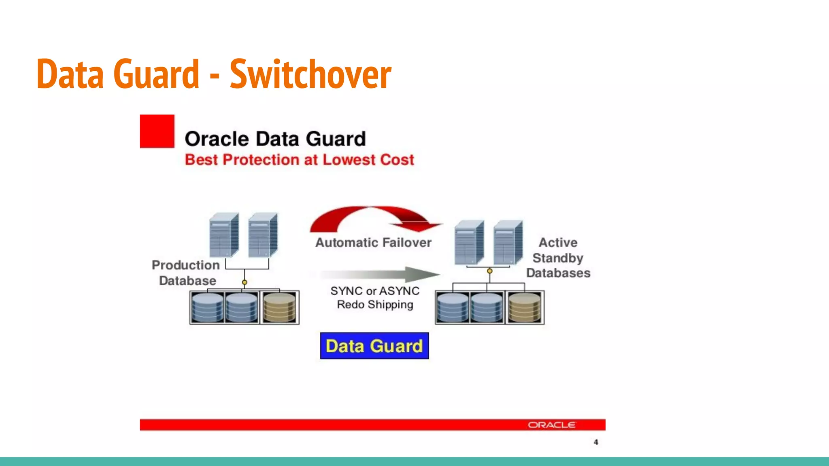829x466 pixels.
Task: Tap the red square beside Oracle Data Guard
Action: point(157,131)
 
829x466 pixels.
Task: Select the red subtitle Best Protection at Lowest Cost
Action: point(299,160)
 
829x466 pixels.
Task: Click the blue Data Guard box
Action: point(374,346)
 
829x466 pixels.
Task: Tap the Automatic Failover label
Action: point(373,242)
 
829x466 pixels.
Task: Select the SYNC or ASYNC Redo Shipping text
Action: point(375,298)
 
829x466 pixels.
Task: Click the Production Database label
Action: point(186,273)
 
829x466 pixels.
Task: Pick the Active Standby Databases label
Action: point(558,258)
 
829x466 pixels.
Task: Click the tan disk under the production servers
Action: point(279,307)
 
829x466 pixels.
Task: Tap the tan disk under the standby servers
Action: point(525,307)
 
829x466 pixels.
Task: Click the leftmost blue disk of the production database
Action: point(207,307)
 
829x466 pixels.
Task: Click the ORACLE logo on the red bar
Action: point(551,425)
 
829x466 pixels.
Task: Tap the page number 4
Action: point(596,442)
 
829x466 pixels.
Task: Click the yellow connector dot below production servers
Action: point(244,282)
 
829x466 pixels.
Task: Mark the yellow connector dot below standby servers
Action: point(490,271)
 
